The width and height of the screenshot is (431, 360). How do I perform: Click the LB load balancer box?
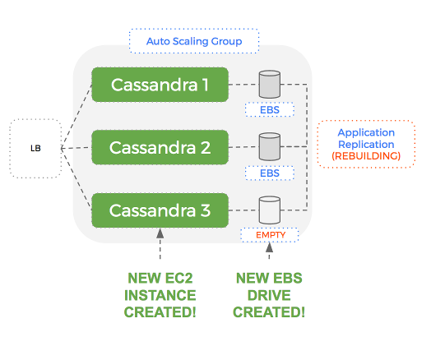coord(33,148)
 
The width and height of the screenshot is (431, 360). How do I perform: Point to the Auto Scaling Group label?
coord(193,40)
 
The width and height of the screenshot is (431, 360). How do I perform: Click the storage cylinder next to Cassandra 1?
coord(270,84)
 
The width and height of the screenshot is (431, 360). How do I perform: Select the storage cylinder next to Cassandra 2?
coord(270,147)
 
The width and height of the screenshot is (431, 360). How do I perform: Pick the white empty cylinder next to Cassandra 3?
coord(270,210)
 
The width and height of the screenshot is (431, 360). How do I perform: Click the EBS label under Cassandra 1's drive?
coord(269,109)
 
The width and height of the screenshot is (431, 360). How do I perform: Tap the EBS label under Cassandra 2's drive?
coord(269,173)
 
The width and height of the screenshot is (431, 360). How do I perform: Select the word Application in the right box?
coord(366,132)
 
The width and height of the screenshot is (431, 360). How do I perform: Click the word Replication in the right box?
coord(366,144)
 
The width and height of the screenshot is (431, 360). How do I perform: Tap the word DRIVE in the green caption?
coord(270,295)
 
